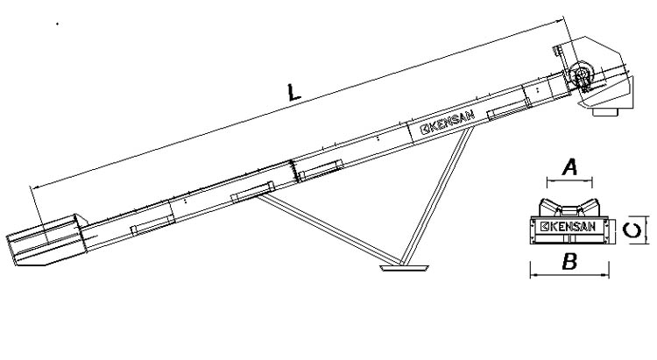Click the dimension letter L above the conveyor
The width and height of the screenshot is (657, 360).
coord(293,93)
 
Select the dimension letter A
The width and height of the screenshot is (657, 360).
coord(570,167)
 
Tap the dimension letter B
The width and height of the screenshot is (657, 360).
coord(569,262)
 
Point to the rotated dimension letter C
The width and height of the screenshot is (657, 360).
coord(632,230)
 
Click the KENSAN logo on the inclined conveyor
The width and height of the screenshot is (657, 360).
coord(448,122)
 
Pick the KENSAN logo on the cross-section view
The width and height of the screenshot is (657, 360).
coord(568,227)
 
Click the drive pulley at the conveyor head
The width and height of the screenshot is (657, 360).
coord(581,74)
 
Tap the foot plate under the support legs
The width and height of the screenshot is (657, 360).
coord(404,267)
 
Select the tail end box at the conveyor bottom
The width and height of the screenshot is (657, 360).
coord(47,240)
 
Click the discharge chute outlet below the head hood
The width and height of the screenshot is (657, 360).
coord(605,111)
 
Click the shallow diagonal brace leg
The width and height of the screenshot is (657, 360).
coord(329,230)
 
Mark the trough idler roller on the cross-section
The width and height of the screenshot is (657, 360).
coord(569,208)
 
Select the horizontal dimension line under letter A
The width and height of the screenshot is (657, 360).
coord(569,181)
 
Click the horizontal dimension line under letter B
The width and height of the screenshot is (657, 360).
coord(569,275)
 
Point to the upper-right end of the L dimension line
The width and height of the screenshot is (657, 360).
coord(563,19)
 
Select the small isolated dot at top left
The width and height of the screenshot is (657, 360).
coord(57,24)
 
